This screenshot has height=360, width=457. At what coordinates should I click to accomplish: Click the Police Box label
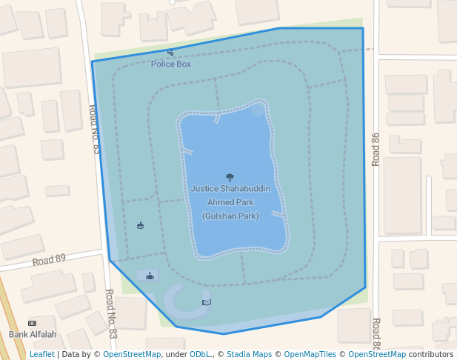pyautogui.click(x=171, y=64)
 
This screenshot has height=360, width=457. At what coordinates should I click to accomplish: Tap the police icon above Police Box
pyautogui.click(x=170, y=53)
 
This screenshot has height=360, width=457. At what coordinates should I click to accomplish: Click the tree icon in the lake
pyautogui.click(x=230, y=177)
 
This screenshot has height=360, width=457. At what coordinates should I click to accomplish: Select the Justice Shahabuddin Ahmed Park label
pyautogui.click(x=230, y=196)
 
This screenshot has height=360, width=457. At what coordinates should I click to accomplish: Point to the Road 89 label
pyautogui.click(x=49, y=260)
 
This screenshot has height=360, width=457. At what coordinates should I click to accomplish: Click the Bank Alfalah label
pyautogui.click(x=33, y=335)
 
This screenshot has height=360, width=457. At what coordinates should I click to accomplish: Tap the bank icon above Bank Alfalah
pyautogui.click(x=33, y=324)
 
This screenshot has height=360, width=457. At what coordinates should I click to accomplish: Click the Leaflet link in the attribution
pyautogui.click(x=41, y=355)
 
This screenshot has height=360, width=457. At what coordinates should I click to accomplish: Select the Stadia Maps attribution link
pyautogui.click(x=248, y=355)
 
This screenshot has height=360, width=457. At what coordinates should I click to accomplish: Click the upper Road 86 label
pyautogui.click(x=376, y=148)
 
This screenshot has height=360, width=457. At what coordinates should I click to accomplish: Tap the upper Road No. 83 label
pyautogui.click(x=94, y=129)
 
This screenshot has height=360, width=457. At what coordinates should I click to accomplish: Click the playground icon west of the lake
pyautogui.click(x=141, y=225)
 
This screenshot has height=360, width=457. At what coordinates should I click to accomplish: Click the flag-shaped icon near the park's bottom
pyautogui.click(x=206, y=302)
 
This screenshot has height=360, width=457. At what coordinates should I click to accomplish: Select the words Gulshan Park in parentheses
pyautogui.click(x=230, y=216)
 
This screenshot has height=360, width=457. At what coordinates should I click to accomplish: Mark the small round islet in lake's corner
pyautogui.click(x=257, y=110)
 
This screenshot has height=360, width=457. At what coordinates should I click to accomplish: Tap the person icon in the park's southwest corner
pyautogui.click(x=150, y=276)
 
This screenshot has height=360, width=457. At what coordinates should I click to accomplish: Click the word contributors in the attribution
pyautogui.click(x=431, y=355)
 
